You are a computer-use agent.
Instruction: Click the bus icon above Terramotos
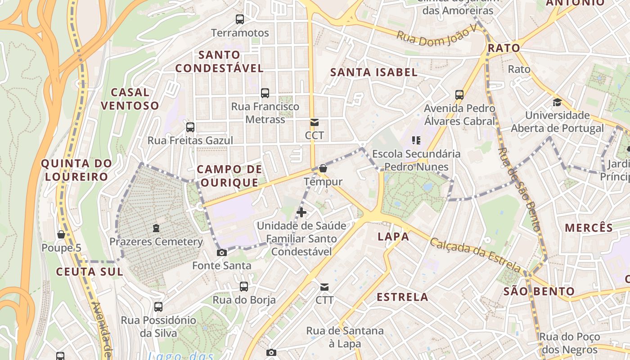coord(240,19)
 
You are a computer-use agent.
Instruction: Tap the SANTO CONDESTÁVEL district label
coord(219,62)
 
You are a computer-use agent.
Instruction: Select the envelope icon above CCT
coord(314,122)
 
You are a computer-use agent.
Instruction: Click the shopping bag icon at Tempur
coord(323,169)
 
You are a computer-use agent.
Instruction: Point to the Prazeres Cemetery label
coord(156,242)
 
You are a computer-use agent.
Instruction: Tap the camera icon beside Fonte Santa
coord(222,252)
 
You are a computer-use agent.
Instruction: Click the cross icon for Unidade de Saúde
coord(301,212)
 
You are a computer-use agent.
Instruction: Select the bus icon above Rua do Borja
coord(244,286)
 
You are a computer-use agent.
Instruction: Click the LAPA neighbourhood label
coord(393,237)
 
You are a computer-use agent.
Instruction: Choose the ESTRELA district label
coord(402,297)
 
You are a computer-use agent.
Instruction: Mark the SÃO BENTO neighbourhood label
coord(539,291)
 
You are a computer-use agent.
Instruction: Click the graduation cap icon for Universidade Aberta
coord(557,102)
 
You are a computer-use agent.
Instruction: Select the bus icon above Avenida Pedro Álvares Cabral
coord(459,95)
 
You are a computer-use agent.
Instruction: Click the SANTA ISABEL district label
coord(374,72)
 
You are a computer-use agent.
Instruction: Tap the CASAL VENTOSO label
coord(130,99)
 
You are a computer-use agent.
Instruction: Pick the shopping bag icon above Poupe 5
coord(61,234)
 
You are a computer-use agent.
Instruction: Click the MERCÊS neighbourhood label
coord(589,228)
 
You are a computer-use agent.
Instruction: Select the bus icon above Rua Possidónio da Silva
coord(158,307)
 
